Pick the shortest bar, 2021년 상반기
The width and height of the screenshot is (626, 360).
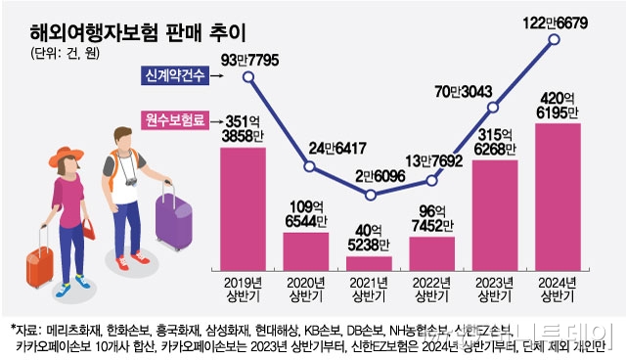click(369, 263)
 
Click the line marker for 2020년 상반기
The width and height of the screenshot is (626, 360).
click(307, 167)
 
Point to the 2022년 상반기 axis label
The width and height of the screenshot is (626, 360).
click(431, 289)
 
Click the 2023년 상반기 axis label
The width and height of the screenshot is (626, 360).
click(495, 289)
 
